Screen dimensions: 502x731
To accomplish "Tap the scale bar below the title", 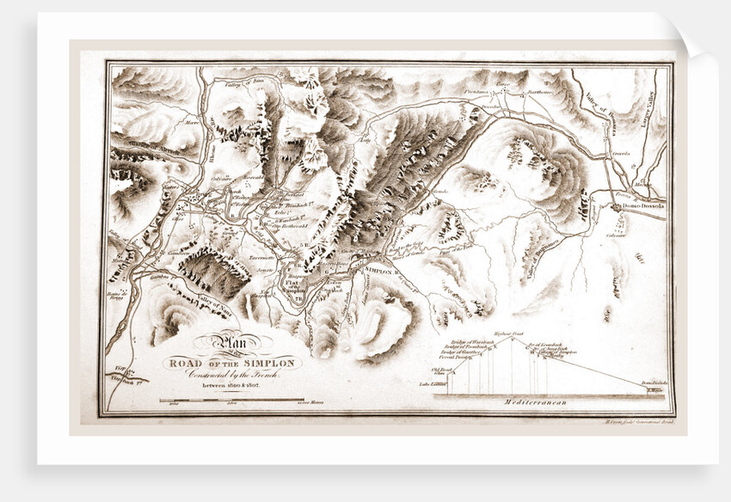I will point(232,401).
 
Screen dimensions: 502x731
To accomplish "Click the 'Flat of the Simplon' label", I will point(294,280).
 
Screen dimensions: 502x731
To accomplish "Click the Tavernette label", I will point(262,256).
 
